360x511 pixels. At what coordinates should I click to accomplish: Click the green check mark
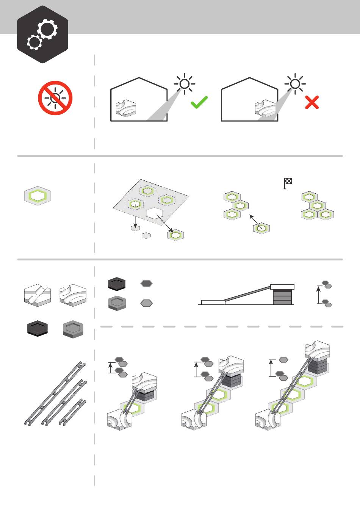click(199, 102)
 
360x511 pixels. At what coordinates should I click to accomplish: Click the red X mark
click(312, 102)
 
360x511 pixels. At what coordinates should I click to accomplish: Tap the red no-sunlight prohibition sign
click(55, 98)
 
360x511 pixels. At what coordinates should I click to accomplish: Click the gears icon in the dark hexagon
click(42, 34)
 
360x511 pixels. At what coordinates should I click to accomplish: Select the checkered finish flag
click(288, 183)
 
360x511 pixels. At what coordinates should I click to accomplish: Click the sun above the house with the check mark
click(185, 84)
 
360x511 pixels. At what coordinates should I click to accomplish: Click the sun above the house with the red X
click(295, 84)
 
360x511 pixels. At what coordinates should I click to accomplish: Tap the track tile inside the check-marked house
click(126, 108)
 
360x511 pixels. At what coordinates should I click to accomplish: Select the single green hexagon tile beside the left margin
click(38, 196)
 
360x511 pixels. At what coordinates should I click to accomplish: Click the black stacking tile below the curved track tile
click(38, 328)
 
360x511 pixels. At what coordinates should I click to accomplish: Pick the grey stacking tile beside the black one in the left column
click(73, 329)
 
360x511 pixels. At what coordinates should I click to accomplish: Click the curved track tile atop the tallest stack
click(317, 349)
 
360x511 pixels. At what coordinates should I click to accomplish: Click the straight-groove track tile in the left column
click(38, 295)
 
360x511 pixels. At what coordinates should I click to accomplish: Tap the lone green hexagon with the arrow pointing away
click(261, 228)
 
